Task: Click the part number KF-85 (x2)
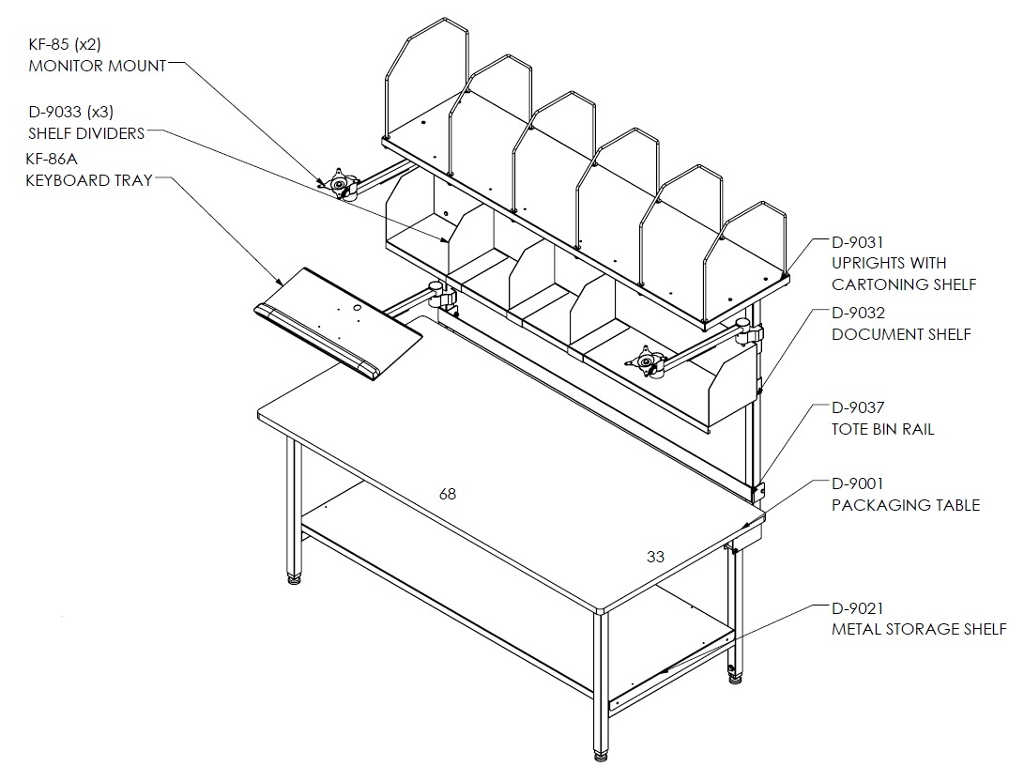click(x=65, y=44)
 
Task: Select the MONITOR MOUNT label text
click(x=98, y=66)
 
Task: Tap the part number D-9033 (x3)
click(x=70, y=112)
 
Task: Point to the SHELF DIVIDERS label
click(x=86, y=133)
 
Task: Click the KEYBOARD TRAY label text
click(x=89, y=180)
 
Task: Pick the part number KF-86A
click(x=52, y=159)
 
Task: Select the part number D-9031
click(x=858, y=242)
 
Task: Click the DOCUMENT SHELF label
click(x=902, y=334)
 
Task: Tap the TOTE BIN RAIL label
click(x=883, y=429)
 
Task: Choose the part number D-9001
click(x=858, y=483)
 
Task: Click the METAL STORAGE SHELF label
click(x=919, y=629)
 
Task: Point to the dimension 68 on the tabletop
click(x=448, y=494)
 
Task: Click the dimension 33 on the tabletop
click(x=655, y=557)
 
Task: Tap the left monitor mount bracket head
click(x=338, y=183)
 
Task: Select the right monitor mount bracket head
click(x=645, y=361)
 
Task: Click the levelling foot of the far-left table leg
click(x=294, y=578)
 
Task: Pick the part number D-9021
click(x=858, y=608)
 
